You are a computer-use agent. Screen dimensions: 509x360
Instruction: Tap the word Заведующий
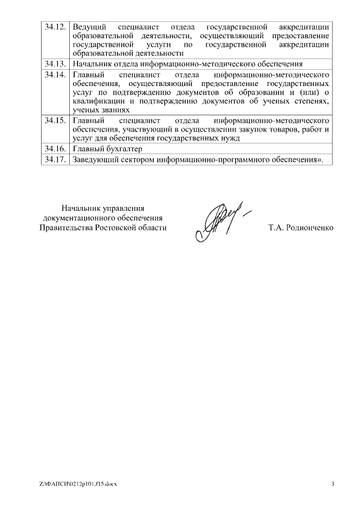click(93, 160)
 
